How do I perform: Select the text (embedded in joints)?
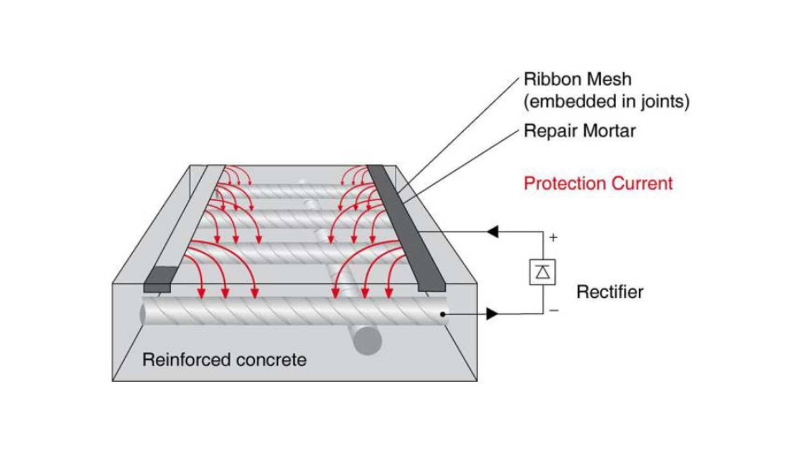coord(607,101)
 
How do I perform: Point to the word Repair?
coord(550,131)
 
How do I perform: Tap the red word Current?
coord(642,184)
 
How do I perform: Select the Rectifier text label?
coord(610,292)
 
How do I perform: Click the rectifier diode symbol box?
coord(542,272)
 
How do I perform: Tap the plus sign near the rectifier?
coord(553,238)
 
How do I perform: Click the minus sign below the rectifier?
coord(554,310)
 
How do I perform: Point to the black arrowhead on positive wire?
coord(493,231)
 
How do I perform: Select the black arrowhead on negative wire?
coord(492,314)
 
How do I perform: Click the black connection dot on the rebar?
coord(442,314)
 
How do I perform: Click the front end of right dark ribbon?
coord(432,288)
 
